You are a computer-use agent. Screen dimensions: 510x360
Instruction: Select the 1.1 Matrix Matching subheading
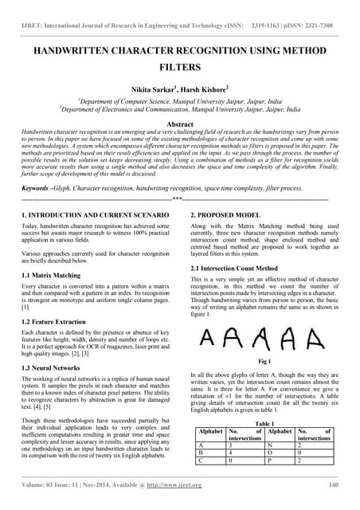54,275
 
